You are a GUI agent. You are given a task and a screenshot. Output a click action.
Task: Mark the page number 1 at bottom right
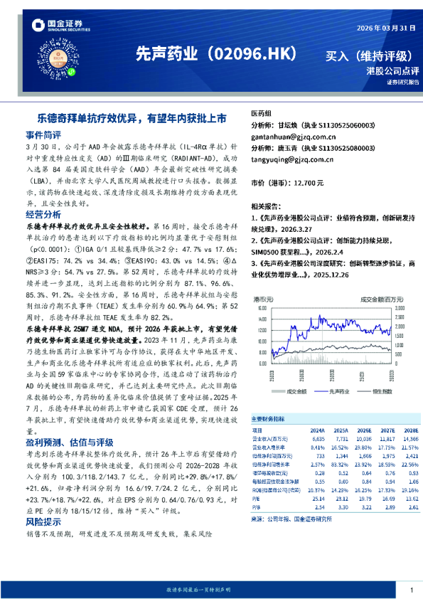pyautogui.click(x=412, y=590)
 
